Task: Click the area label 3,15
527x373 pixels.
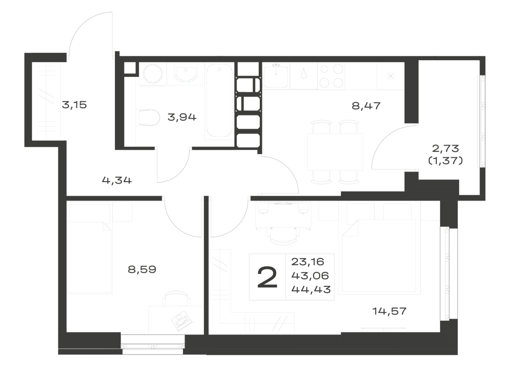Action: [74, 105]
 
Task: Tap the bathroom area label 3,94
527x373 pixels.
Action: [182, 117]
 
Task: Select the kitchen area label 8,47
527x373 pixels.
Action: [366, 106]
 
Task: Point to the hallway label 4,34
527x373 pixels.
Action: [116, 180]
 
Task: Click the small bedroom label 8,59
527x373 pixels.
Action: [142, 270]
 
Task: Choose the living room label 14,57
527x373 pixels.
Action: [389, 311]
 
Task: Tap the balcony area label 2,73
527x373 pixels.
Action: [446, 148]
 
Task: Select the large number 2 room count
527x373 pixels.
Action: [268, 277]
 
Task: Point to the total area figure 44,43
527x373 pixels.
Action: [311, 289]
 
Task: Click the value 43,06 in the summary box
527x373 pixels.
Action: [310, 276]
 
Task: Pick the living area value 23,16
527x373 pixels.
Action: [308, 261]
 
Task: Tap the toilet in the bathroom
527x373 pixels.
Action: [149, 117]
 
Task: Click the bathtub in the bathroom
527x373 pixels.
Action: [219, 101]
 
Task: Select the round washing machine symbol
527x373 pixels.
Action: [153, 74]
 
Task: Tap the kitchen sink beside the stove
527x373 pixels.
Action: [276, 76]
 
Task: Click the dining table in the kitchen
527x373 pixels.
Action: [335, 152]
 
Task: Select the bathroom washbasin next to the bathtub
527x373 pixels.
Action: [186, 73]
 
